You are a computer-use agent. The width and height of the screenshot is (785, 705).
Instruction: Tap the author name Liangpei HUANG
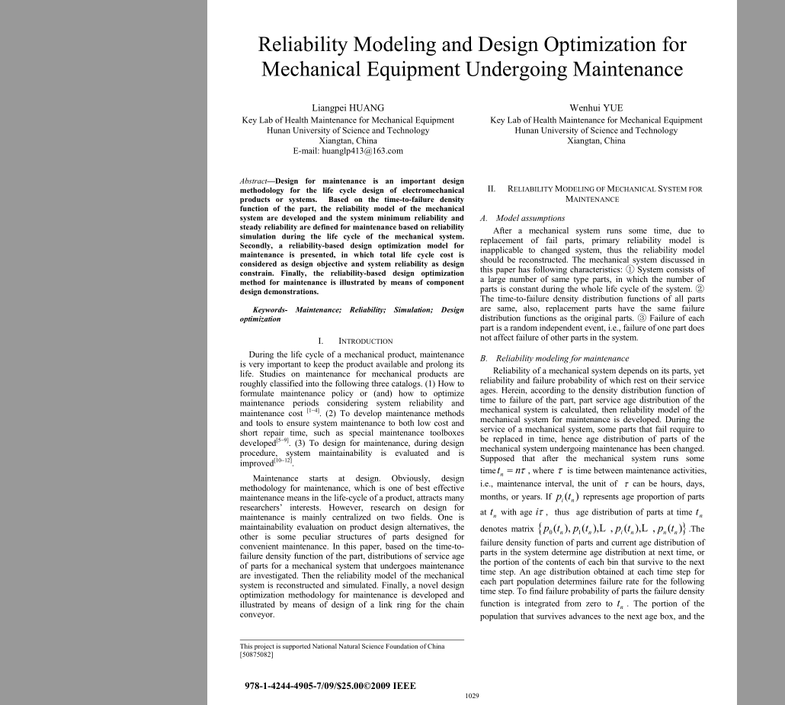tap(348, 107)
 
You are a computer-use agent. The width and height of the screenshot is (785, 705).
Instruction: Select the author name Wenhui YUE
tap(596, 107)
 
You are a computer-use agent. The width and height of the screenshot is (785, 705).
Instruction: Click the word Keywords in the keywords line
tap(269, 310)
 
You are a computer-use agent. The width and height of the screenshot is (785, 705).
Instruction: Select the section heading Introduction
tap(365, 341)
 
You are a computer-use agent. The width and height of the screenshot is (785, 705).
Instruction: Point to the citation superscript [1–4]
tap(312, 411)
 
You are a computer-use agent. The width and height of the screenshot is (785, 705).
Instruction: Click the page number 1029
tap(472, 695)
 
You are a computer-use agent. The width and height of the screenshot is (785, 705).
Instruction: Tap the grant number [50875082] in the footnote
tap(257, 654)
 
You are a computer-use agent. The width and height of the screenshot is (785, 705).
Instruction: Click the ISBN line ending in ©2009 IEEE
tap(330, 685)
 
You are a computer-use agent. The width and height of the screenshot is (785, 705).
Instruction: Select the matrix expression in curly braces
tap(605, 529)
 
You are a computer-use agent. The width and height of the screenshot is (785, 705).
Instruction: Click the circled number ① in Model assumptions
tap(630, 270)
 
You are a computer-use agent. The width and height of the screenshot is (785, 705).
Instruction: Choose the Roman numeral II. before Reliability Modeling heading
tap(492, 189)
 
